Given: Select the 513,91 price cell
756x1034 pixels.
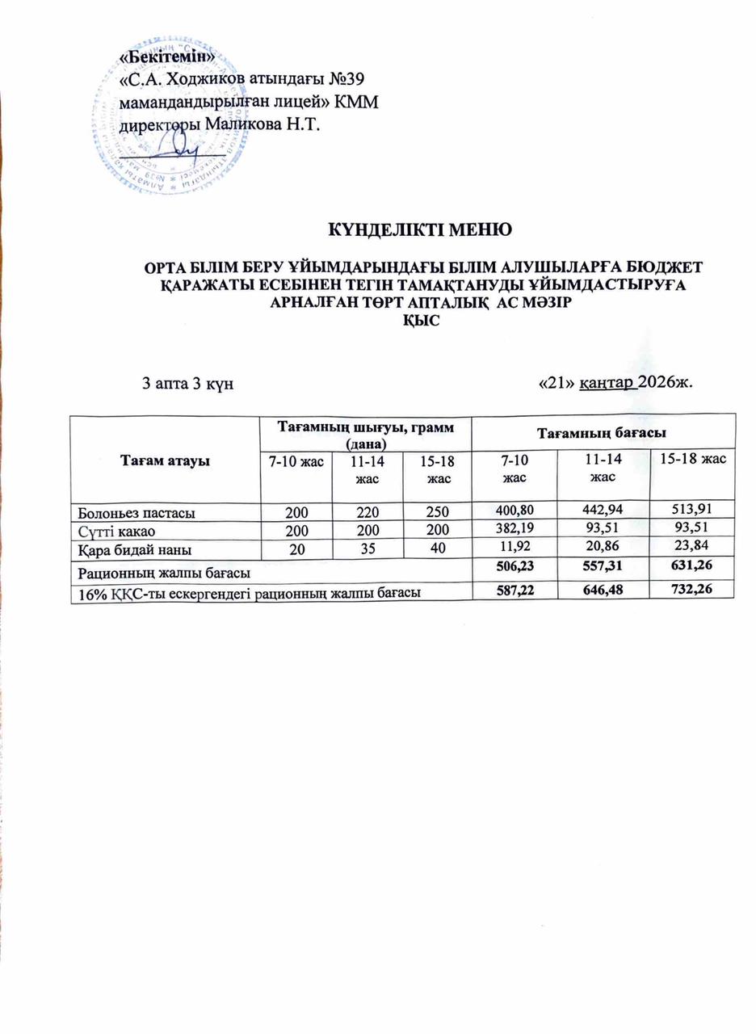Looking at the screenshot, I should point(691,510).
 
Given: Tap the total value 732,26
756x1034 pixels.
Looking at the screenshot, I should point(691,586).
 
